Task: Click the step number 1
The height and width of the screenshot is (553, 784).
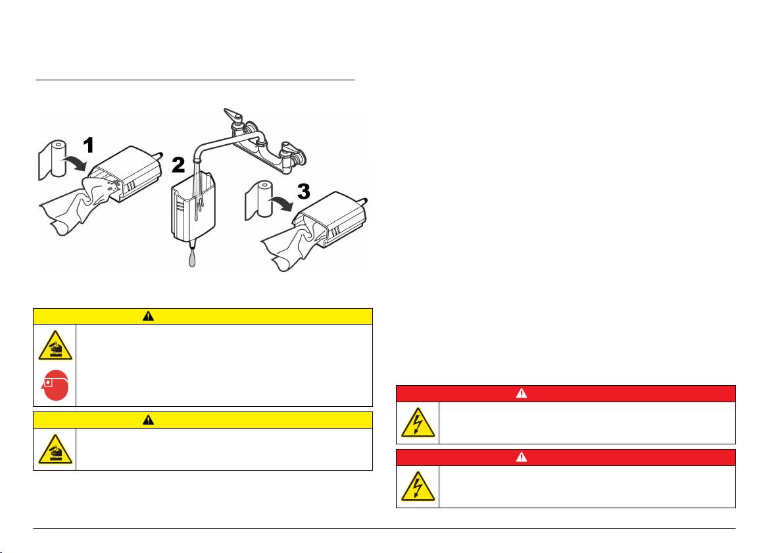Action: click(89, 145)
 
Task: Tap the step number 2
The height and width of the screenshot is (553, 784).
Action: click(178, 165)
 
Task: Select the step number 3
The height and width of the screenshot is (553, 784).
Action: click(304, 191)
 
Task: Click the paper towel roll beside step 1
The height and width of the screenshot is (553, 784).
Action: click(53, 159)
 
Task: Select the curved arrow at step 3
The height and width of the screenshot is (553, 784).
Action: click(281, 203)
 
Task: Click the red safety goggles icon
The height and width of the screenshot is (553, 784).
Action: click(55, 385)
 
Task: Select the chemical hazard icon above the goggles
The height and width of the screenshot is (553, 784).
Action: click(55, 346)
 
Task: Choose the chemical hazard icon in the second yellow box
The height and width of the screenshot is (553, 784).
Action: click(55, 449)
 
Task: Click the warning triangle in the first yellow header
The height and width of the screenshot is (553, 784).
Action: click(149, 316)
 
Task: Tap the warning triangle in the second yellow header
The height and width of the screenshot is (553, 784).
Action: click(149, 419)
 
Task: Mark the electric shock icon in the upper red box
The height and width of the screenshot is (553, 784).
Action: click(418, 423)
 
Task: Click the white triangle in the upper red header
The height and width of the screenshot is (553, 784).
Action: click(522, 394)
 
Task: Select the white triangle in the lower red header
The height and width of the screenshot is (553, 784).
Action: click(522, 457)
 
